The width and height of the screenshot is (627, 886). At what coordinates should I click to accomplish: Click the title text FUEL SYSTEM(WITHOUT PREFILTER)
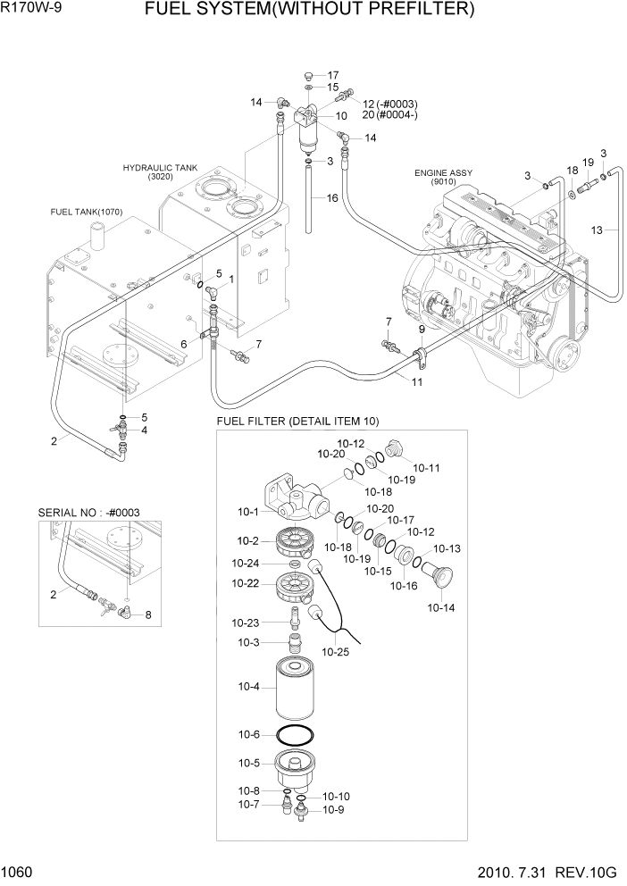coord(310,10)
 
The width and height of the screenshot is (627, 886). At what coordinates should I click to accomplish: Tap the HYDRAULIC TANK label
coord(161,168)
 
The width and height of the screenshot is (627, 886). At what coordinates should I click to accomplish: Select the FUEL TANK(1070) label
coord(87,212)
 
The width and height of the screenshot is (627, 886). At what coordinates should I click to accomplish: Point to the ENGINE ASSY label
coord(443,173)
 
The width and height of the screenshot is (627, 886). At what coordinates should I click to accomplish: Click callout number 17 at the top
coord(333,75)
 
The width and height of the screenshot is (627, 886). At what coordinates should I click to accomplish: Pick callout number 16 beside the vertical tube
coord(332,197)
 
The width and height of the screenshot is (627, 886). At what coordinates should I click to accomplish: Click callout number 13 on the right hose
coord(597,230)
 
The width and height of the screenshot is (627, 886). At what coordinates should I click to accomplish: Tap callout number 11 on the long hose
coord(417,382)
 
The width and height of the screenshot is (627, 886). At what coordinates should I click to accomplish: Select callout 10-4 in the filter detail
coord(248,687)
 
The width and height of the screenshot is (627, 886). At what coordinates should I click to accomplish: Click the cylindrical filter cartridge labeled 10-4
coord(297,690)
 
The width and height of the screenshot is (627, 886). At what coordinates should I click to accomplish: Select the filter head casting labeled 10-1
coord(296,497)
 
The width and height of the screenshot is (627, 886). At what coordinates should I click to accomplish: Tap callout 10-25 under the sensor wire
coord(336,651)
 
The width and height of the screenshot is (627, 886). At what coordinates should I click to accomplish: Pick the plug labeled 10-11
coord(394,450)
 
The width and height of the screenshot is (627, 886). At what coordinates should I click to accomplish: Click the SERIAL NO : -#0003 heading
coord(88,513)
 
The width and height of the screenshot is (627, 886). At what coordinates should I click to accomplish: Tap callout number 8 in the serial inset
coord(148,614)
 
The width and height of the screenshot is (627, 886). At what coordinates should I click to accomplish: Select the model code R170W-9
coord(26,7)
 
